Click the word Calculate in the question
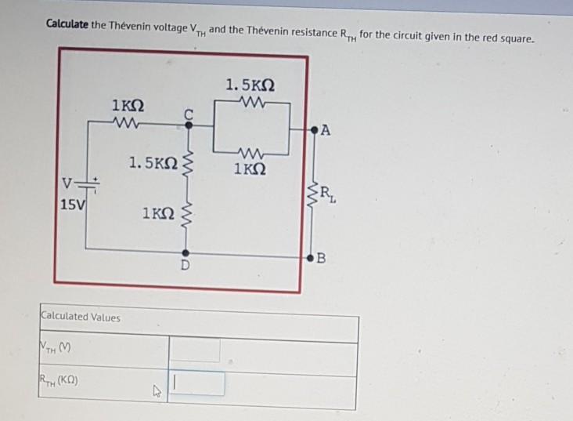pos(67,24)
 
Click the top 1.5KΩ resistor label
pos(250,84)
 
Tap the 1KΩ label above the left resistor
pos(128,105)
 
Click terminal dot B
pos(313,256)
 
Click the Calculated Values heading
pos(81,317)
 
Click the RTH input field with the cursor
pos(196,383)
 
